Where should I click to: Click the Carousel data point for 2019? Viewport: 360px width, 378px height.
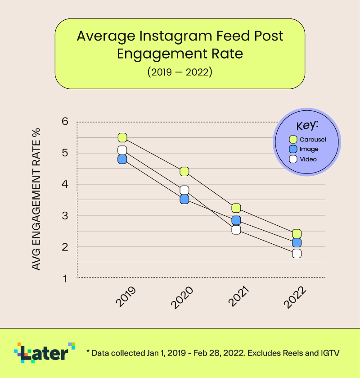122,137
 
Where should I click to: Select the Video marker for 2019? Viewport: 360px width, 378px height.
122,150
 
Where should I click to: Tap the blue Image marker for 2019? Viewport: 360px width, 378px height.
122,159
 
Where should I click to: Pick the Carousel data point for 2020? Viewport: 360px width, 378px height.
184,171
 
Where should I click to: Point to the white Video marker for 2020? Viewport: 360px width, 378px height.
184,190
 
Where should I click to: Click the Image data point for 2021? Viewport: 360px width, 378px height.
236,220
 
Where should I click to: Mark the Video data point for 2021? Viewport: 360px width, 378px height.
236,230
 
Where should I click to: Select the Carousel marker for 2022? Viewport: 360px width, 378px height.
297,233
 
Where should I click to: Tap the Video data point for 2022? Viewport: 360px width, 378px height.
297,253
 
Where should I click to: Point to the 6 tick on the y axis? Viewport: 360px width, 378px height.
65,122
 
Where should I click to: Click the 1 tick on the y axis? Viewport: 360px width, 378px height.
65,278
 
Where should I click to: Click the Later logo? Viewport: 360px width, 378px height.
45,352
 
